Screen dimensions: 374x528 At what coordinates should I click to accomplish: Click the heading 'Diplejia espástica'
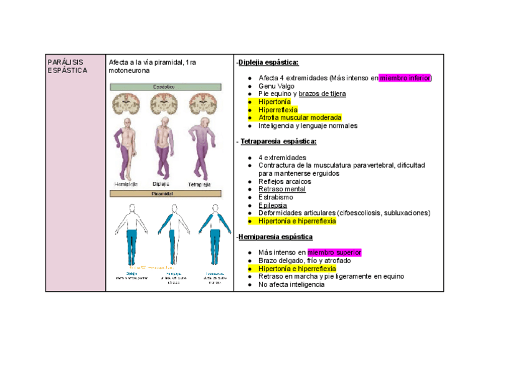click(268, 62)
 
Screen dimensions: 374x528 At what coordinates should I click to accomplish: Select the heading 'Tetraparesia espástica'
click(278, 141)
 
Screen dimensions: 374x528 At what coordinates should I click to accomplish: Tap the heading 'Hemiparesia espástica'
click(275, 237)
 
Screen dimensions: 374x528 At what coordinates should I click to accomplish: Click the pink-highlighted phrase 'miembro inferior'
click(405, 78)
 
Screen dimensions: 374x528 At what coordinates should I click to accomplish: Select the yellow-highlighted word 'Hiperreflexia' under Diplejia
click(278, 110)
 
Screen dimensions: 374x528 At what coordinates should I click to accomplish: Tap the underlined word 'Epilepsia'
click(273, 205)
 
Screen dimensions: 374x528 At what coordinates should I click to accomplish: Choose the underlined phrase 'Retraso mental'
click(281, 189)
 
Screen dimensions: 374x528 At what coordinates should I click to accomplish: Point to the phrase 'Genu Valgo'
click(276, 86)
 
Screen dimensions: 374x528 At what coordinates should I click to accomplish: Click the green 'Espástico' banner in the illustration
click(165, 87)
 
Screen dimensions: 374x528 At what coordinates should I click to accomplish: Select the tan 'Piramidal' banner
click(165, 194)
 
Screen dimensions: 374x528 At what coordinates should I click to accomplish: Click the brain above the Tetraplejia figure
click(203, 103)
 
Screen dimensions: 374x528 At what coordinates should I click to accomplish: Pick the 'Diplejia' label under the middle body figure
click(162, 185)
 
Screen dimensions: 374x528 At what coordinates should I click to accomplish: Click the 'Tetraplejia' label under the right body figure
click(200, 185)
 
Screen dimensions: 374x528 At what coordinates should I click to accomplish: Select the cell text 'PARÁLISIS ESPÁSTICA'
click(67, 66)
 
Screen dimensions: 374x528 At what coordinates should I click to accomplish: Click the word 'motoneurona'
click(130, 70)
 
